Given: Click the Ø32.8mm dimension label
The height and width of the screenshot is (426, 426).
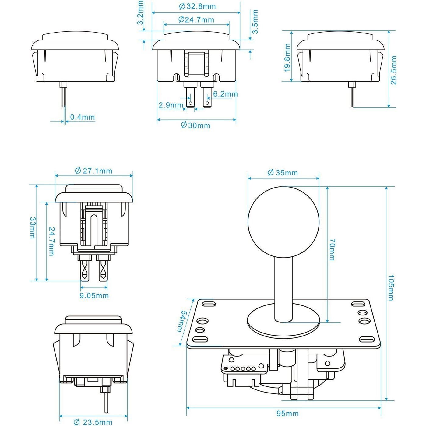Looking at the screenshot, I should point(197,6).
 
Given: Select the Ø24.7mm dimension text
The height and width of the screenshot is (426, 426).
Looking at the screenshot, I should point(196,20).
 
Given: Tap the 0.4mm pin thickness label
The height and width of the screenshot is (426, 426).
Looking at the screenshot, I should point(82,117).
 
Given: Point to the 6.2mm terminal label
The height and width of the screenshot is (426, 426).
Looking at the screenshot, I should point(225,94).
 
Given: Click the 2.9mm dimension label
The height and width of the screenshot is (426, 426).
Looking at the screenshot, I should point(171,105).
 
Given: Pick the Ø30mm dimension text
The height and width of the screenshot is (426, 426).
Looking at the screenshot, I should point(195,125).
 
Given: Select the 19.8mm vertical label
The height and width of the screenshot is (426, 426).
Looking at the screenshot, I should point(287,58).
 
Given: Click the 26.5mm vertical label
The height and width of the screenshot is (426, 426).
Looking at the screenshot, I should point(393,70).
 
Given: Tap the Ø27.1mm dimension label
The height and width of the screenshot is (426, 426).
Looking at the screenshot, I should point(93,171).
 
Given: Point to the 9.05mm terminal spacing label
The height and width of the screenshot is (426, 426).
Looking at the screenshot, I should point(94,296).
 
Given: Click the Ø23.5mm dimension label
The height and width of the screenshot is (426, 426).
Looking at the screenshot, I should point(93,422).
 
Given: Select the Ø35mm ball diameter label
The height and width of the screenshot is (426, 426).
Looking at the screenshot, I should point(283,173).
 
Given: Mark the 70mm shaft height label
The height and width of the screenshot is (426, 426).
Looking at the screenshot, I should point(332,250).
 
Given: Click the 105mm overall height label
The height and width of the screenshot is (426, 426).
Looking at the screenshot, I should point(391,288).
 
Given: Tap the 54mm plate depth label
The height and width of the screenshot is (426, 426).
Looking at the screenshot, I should point(183,321).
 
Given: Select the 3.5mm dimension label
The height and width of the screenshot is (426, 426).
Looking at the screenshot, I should point(255,22).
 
